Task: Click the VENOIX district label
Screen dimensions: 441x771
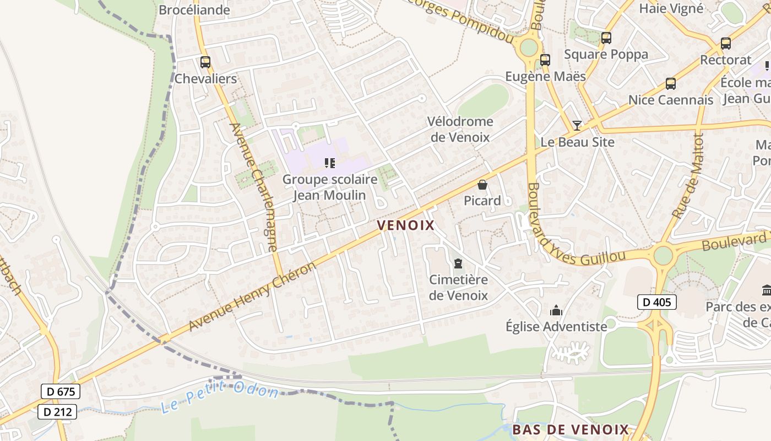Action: pyautogui.click(x=406, y=225)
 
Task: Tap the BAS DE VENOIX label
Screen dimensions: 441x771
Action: pyautogui.click(x=571, y=429)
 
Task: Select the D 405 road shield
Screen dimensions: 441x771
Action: pyautogui.click(x=656, y=302)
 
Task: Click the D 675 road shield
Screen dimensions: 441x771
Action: pyautogui.click(x=61, y=392)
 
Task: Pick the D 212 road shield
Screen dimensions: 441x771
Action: pyautogui.click(x=57, y=411)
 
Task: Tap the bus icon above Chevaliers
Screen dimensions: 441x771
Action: pyautogui.click(x=205, y=62)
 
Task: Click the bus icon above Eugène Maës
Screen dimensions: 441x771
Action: pyautogui.click(x=545, y=60)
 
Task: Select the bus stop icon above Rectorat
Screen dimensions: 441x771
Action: pyautogui.click(x=726, y=44)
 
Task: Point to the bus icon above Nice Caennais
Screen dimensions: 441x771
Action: pyautogui.click(x=670, y=84)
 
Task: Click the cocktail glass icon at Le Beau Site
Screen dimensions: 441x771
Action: pyautogui.click(x=577, y=126)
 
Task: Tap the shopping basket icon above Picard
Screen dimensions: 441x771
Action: pyautogui.click(x=482, y=185)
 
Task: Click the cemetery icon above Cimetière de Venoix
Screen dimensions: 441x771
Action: pyautogui.click(x=458, y=263)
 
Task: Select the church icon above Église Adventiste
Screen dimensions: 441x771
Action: pyautogui.click(x=556, y=311)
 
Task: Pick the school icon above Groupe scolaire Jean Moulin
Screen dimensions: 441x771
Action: pyautogui.click(x=330, y=163)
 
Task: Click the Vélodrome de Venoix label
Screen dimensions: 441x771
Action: pyautogui.click(x=460, y=129)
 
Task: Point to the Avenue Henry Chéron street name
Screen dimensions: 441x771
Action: pyautogui.click(x=253, y=296)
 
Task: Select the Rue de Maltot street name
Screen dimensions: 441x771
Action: pyautogui.click(x=688, y=175)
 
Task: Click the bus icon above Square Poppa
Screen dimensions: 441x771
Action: pyautogui.click(x=606, y=38)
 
